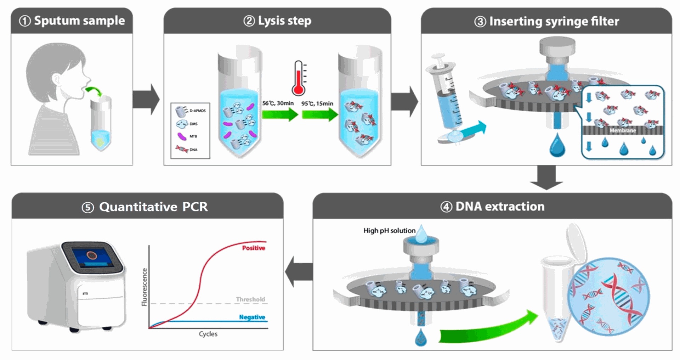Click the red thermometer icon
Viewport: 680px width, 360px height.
[x=299, y=79]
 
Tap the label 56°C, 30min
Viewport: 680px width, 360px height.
[x=278, y=103]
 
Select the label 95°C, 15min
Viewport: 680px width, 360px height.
[x=317, y=103]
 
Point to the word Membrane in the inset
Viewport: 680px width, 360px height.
[x=623, y=130]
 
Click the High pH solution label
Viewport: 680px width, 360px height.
[x=389, y=231]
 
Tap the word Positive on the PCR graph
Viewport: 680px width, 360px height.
[x=254, y=248]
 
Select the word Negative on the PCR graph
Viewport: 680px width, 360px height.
[x=252, y=317]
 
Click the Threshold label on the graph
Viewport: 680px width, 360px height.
[x=250, y=299]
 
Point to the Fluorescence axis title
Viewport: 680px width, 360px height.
[x=144, y=287]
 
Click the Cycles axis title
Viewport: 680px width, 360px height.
[x=208, y=334]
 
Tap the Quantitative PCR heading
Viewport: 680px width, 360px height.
[x=153, y=207]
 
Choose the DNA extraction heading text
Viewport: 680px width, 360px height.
[x=500, y=206]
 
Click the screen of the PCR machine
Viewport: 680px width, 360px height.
[x=93, y=257]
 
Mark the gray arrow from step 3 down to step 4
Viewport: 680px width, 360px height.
[x=546, y=178]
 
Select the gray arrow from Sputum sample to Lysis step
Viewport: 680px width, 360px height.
[x=146, y=100]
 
